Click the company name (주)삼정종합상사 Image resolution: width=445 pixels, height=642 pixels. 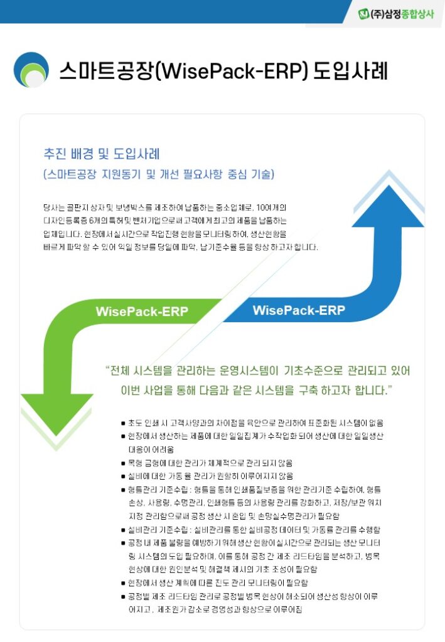tap(402, 14)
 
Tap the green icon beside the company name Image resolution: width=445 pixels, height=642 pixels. tap(364, 14)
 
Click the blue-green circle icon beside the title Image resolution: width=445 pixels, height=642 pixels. tap(31, 70)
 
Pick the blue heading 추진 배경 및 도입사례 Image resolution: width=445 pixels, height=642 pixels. tap(101, 154)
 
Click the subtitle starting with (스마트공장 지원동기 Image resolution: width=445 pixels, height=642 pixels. tap(159, 174)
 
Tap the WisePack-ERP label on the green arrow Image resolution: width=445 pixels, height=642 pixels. tap(142, 312)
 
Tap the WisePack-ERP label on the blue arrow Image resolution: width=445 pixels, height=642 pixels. tap(298, 310)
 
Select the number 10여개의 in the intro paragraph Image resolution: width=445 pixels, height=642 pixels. tap(272, 207)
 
